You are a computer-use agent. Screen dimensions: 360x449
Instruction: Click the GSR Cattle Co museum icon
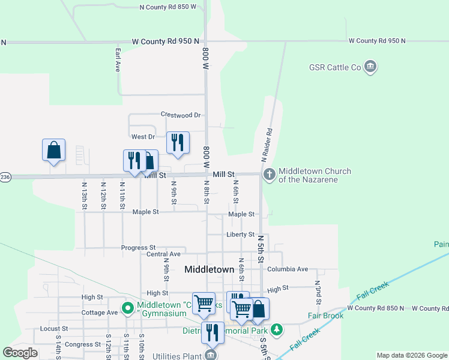pos(370,67)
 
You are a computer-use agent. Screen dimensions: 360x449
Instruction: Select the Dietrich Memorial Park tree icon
pos(276,329)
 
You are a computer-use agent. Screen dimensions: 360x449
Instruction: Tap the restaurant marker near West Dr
pos(178,142)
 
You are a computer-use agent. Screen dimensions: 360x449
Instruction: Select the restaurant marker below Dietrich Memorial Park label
pos(212,332)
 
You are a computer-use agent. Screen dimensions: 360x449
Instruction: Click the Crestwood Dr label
pos(180,115)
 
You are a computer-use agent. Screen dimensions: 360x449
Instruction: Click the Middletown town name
pos(209,270)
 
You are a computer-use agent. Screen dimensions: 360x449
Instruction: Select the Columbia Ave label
pos(288,269)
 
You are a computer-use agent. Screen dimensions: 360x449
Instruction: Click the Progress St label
pos(138,247)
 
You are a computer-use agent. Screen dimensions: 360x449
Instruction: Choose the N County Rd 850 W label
pos(167,7)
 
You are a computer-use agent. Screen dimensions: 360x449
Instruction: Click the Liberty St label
pos(240,235)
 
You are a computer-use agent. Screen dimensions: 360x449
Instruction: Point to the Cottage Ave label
pos(100,313)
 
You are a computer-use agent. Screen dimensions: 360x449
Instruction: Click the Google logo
pos(20,353)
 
